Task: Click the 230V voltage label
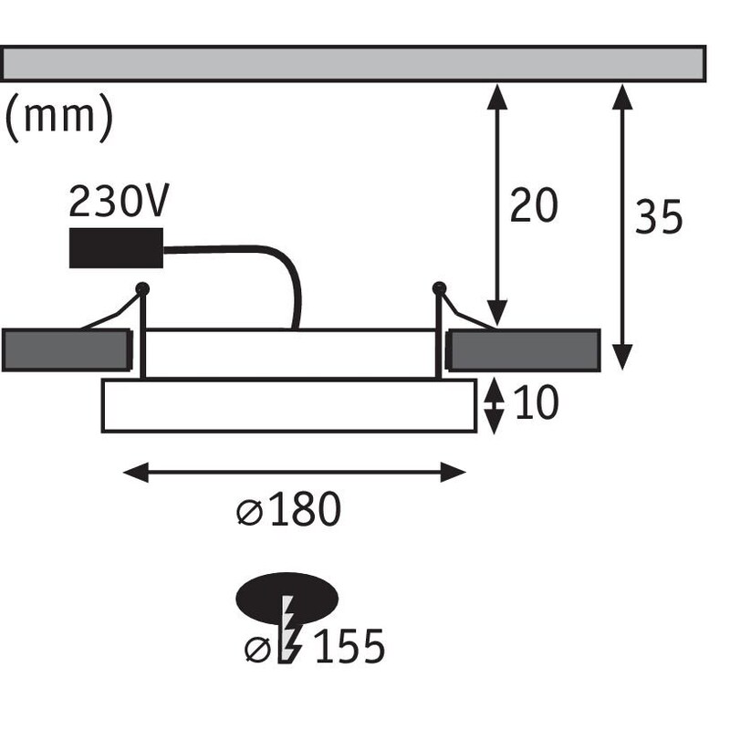pos(120,203)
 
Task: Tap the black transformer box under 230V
pos(116,247)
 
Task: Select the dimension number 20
pos(533,206)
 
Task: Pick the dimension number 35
pos(659,218)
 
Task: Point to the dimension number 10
pos(536,403)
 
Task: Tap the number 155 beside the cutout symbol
pos(349,648)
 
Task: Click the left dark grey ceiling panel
pos(66,350)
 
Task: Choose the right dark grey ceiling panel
pos(524,350)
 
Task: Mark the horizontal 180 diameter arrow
pos(295,472)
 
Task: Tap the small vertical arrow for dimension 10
pos(494,405)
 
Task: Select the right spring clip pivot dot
pos(439,288)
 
